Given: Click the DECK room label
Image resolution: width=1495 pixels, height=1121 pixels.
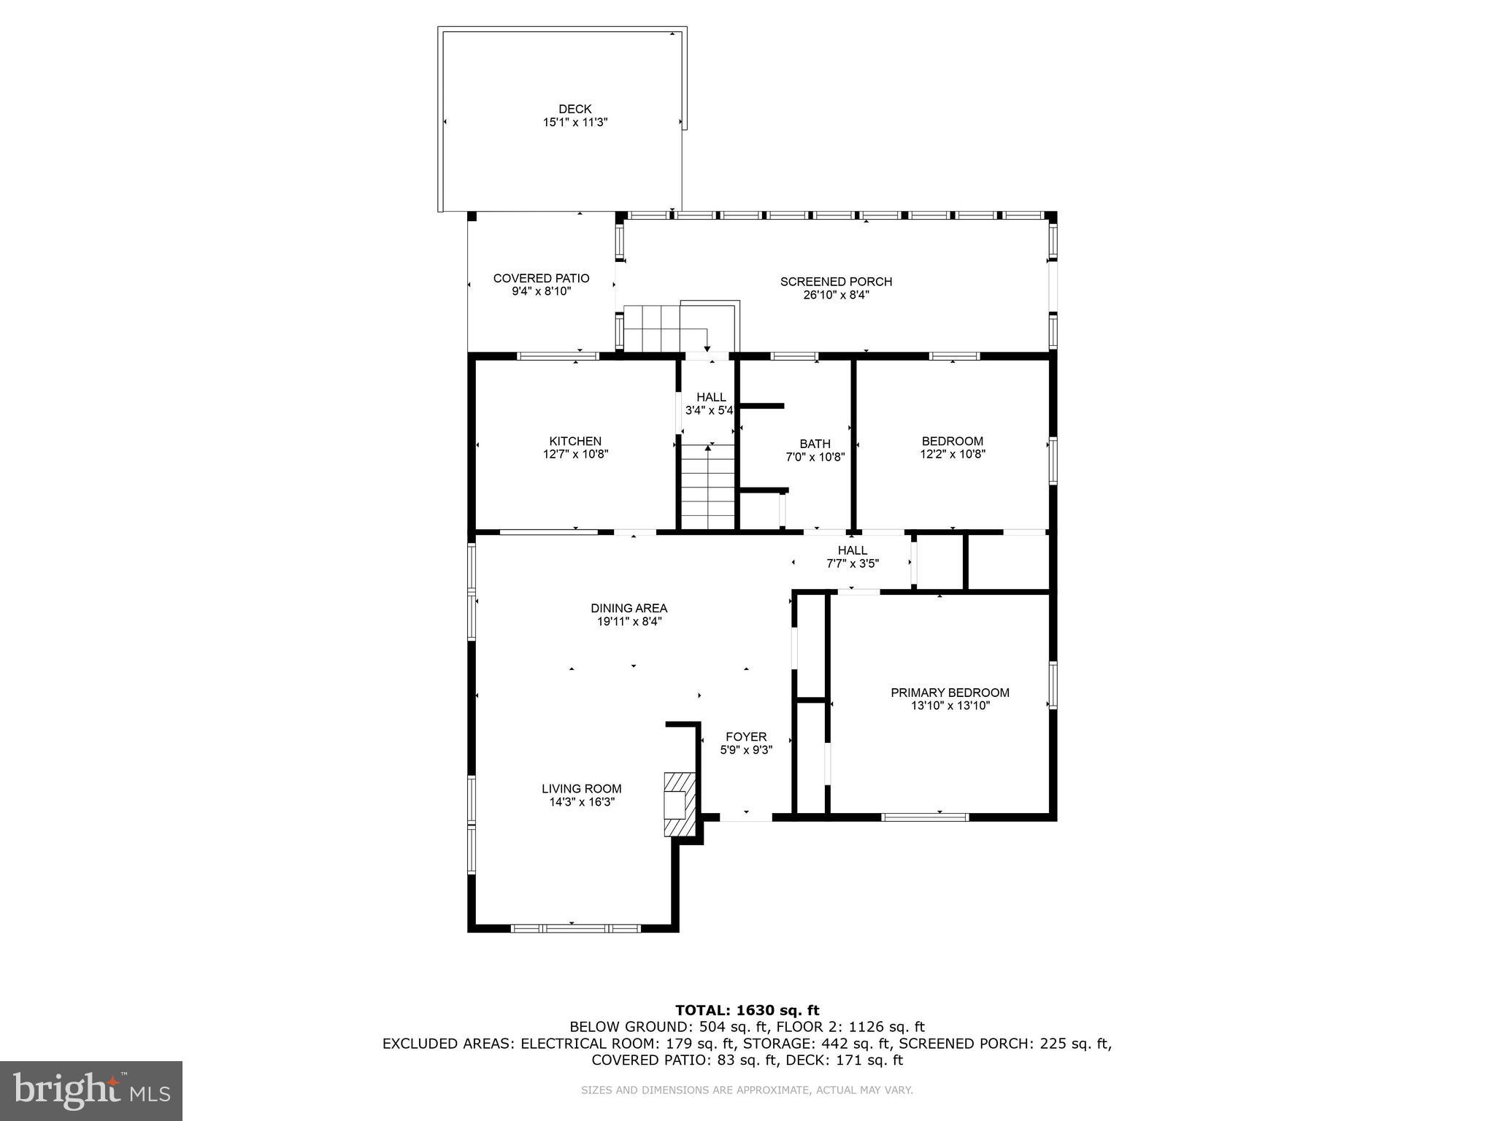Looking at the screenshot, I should point(574,109).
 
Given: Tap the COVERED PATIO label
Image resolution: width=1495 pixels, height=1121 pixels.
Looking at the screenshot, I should point(541,278).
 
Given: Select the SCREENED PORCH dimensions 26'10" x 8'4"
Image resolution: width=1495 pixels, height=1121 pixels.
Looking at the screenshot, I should point(836,296).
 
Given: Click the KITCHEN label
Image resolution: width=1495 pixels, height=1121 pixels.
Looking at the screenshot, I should point(575,441).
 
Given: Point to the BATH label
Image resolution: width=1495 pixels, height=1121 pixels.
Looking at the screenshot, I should point(815,444).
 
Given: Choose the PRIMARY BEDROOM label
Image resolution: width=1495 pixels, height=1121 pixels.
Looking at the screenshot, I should point(950,693).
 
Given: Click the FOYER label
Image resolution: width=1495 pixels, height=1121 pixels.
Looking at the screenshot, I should point(745,736).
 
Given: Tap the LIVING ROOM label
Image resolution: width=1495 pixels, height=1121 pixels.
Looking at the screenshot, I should point(581,788).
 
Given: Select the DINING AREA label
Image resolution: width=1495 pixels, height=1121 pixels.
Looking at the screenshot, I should point(629,608).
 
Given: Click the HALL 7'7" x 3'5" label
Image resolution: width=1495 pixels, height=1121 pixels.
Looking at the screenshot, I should point(852,550).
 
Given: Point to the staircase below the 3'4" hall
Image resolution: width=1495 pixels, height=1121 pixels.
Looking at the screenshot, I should point(708,485).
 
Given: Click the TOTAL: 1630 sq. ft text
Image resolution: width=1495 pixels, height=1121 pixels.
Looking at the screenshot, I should point(747,1010).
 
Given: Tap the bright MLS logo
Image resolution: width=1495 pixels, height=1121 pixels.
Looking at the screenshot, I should point(91,1090).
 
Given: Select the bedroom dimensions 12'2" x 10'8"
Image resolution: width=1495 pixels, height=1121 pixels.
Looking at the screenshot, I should point(952,454).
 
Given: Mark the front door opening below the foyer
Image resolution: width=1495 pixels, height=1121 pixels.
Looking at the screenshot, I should point(746,817).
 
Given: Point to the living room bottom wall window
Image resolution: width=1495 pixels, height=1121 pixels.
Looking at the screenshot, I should point(575,928).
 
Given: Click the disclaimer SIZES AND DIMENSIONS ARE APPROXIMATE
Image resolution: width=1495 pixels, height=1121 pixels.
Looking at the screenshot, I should point(747,1090).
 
